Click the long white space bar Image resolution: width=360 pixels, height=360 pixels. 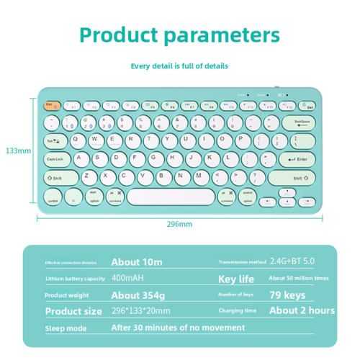click(x=171, y=196)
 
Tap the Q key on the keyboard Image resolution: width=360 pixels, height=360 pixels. click(x=78, y=140)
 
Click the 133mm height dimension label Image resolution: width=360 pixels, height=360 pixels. click(x=18, y=151)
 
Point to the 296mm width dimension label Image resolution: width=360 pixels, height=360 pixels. click(x=179, y=224)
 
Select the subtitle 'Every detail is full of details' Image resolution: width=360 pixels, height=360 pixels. click(x=179, y=66)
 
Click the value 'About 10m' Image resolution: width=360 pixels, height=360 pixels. click(x=137, y=262)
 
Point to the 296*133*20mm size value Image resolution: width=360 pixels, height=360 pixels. click(x=141, y=312)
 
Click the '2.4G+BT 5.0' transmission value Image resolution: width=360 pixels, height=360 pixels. click(x=292, y=262)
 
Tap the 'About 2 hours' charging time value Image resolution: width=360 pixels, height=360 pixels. click(x=302, y=311)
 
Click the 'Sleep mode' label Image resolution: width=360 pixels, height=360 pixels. click(x=66, y=329)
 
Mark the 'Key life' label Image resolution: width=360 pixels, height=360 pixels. click(x=236, y=279)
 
